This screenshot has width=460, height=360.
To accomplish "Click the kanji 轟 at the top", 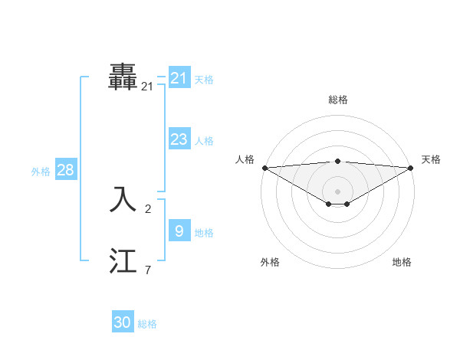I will click(123, 77).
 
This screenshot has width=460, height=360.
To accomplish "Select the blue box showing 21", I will click(179, 78).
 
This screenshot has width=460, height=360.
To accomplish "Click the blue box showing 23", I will click(179, 139).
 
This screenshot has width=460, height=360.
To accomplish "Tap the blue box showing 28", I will click(65, 170).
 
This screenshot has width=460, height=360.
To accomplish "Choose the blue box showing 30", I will click(123, 322).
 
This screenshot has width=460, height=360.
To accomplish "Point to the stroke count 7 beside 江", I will click(148, 270).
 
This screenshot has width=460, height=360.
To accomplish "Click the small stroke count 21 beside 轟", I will click(147, 87).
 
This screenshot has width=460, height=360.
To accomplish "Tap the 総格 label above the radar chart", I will click(337, 100).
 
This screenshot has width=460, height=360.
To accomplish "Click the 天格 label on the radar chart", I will click(431, 159).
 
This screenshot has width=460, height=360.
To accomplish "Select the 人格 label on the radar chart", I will click(245, 159).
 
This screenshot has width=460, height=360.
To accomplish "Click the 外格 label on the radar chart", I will click(270, 262).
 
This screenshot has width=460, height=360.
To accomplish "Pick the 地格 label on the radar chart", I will click(402, 262).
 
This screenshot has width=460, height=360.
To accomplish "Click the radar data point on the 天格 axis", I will click(410, 168).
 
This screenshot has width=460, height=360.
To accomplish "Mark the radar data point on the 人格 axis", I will click(264, 168).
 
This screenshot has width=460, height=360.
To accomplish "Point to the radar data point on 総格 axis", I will click(337, 161).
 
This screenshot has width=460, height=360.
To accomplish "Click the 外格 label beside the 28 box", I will click(41, 172).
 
